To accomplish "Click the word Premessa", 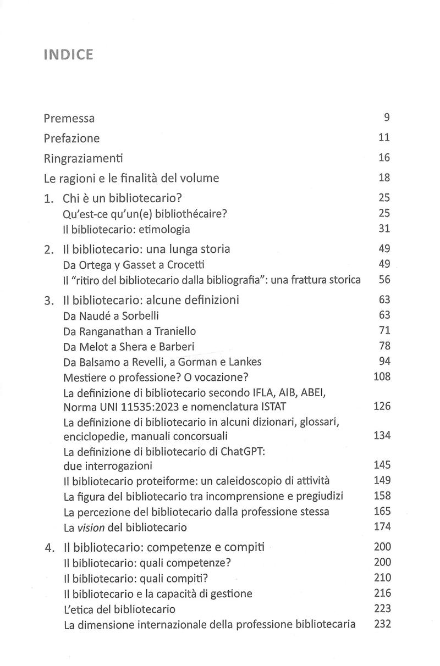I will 69,118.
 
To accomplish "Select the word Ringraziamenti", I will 83,158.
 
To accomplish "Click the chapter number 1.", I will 48,198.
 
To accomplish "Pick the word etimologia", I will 163,229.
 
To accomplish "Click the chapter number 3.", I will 48,300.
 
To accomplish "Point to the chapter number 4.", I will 48,547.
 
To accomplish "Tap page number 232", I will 382,624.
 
